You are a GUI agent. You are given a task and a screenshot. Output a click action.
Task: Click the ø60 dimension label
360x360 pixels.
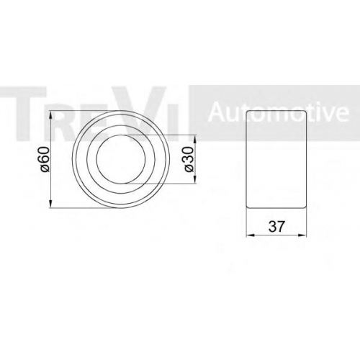(45, 159)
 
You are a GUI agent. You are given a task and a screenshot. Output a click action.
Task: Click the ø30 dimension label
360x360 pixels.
(189, 159)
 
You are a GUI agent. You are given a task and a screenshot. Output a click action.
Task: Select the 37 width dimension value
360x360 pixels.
(276, 226)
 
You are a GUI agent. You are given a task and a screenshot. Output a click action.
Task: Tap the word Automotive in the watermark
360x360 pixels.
(279, 113)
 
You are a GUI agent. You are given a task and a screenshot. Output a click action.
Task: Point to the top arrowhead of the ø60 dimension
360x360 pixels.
(50, 115)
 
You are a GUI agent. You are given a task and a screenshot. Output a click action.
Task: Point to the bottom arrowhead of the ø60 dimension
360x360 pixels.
(50, 203)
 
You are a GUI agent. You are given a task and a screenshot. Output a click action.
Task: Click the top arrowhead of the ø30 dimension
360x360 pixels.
(194, 139)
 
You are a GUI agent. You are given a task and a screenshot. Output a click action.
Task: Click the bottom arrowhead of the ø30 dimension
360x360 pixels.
(194, 179)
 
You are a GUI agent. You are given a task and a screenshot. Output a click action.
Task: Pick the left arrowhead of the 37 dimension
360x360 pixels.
(251, 235)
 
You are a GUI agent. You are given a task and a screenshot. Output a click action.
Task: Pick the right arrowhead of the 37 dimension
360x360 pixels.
(302, 235)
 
